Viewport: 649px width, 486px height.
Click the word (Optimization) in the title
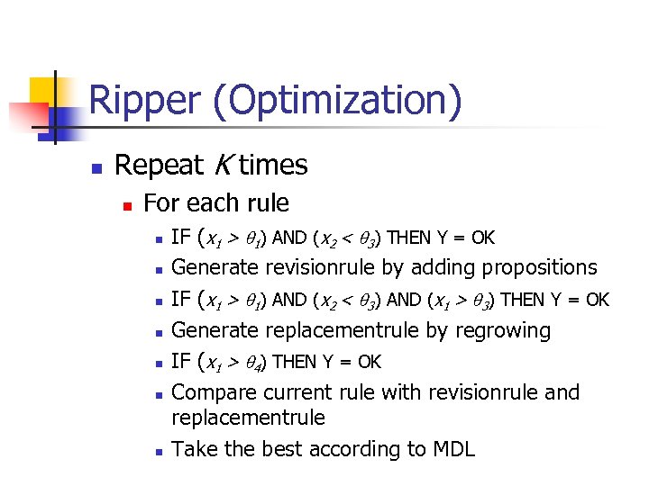(x=337, y=101)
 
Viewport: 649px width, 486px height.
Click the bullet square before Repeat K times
(x=96, y=167)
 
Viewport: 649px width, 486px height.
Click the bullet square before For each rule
(x=127, y=205)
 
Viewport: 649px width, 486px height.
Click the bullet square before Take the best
(x=158, y=451)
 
